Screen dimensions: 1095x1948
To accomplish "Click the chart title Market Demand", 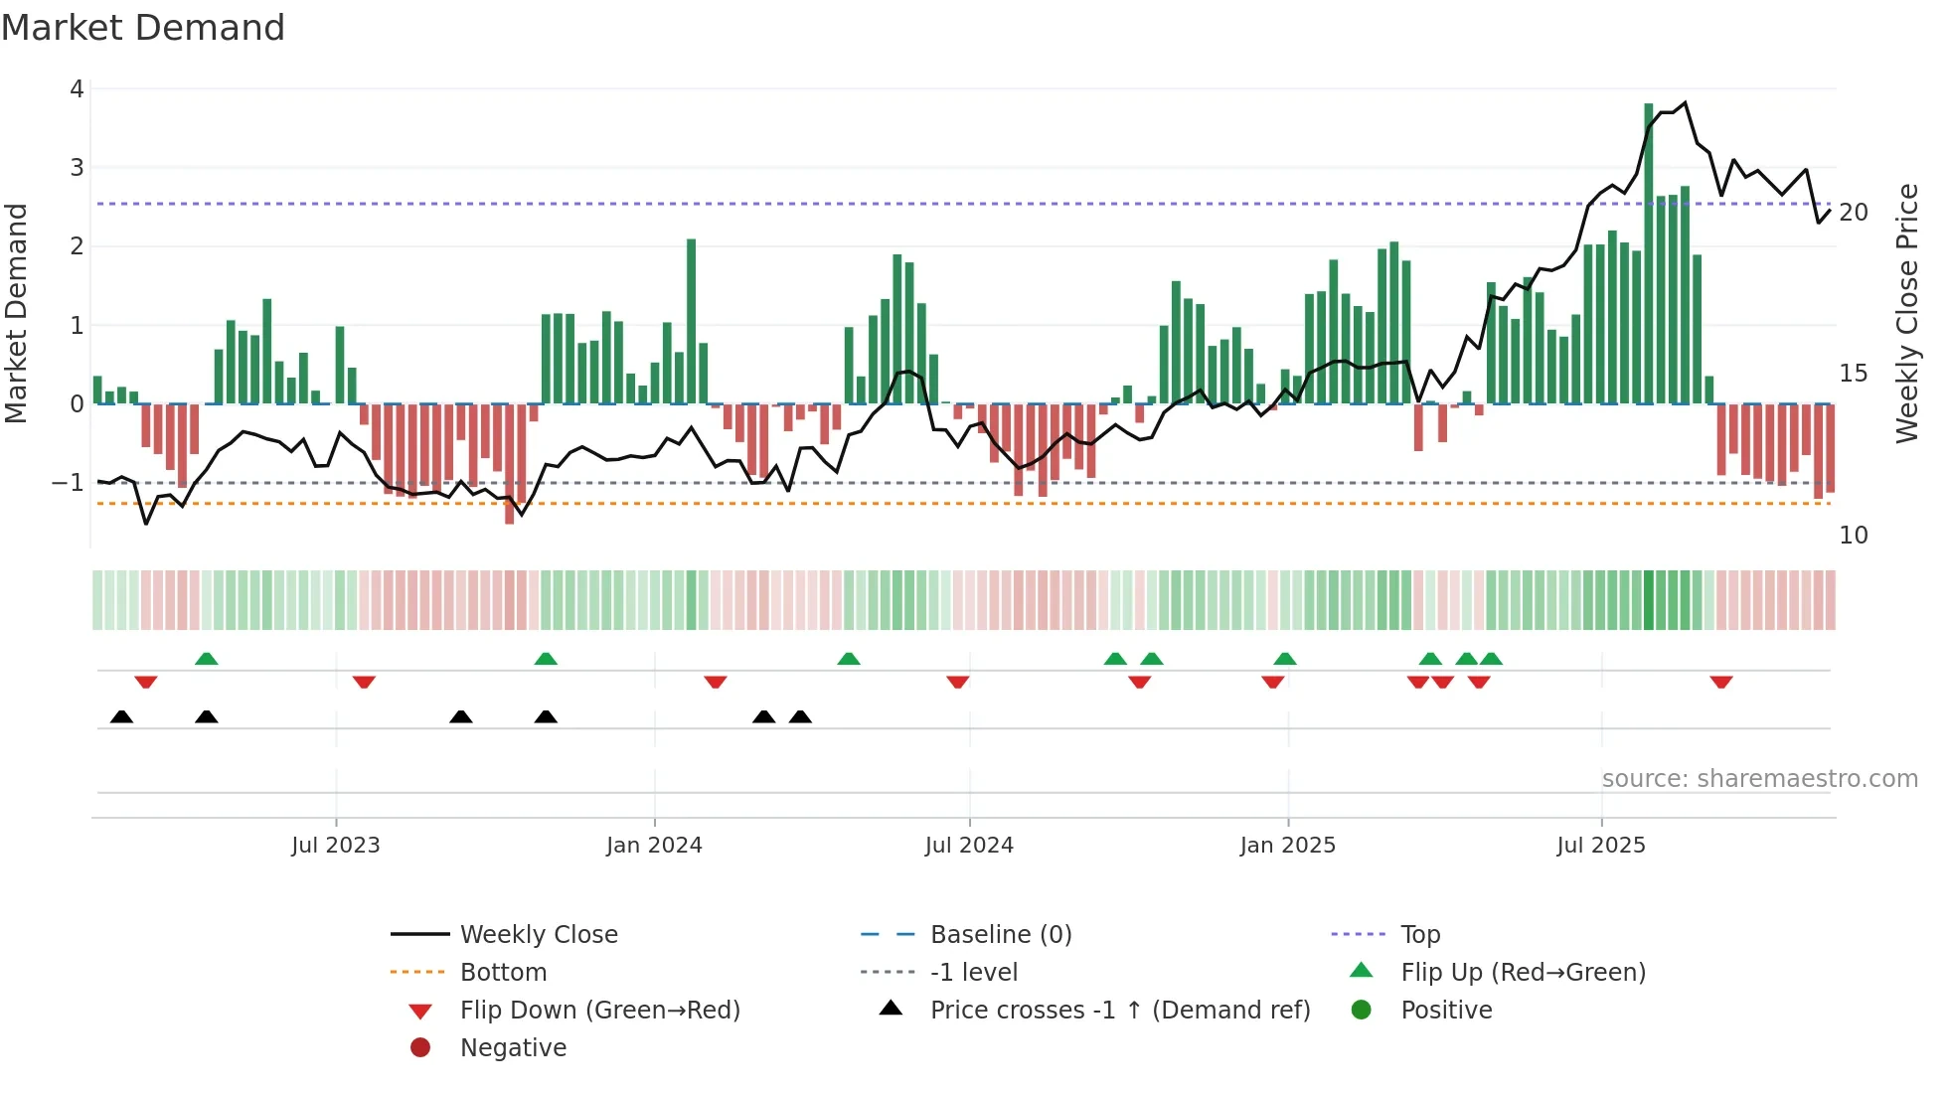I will (143, 28).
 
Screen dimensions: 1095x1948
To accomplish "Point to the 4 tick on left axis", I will (77, 89).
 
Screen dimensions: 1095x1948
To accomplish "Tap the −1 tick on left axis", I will (69, 483).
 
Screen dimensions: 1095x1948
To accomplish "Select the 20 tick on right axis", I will (1854, 213).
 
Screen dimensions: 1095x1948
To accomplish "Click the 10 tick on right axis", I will (1854, 536).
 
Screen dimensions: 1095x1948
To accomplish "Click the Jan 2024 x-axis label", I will (654, 846).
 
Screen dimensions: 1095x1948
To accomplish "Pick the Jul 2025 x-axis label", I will (1601, 846).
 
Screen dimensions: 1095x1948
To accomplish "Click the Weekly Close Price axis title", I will (1907, 313).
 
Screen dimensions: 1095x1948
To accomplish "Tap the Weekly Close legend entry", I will (538, 935).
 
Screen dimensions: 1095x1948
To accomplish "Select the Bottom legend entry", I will (503, 973).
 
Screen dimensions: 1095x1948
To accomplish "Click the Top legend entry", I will (1420, 935).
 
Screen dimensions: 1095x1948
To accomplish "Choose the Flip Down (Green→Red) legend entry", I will (599, 1011).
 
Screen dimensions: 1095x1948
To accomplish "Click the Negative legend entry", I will (513, 1048).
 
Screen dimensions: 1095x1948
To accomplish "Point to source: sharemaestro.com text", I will (1759, 779).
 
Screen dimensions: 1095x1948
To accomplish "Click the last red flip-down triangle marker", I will (1721, 682).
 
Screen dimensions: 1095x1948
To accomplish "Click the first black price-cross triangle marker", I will (121, 716).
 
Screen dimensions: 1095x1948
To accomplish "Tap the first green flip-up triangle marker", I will (207, 659).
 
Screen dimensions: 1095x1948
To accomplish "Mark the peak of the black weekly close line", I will (1685, 102).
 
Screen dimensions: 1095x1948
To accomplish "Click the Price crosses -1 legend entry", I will (1119, 1011).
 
